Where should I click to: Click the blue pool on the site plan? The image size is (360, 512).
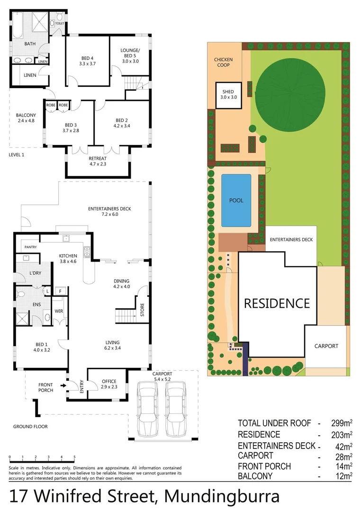tap(236, 200)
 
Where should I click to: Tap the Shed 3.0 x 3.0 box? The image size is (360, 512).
tap(228, 94)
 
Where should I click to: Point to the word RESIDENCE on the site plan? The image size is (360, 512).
tap(277, 303)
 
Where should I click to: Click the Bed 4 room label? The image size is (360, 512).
tap(88, 61)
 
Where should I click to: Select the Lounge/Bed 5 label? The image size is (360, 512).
tap(130, 55)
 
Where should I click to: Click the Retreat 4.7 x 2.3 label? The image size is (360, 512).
tap(98, 161)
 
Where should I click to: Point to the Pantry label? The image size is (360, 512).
tap(31, 247)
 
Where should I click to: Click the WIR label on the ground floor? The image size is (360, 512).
tap(60, 311)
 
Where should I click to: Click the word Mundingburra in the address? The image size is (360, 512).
tap(222, 496)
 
